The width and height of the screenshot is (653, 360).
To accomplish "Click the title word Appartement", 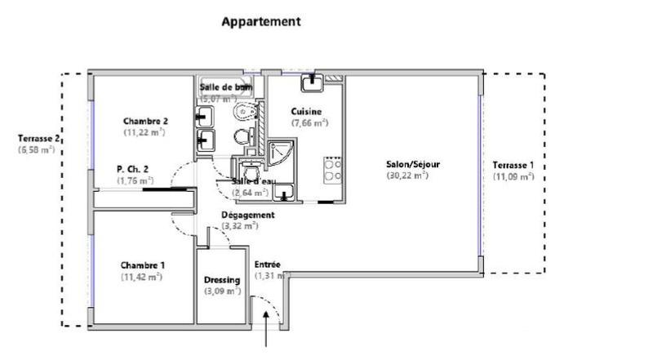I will point(261,22).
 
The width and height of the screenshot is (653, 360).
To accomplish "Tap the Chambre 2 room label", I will point(146,120).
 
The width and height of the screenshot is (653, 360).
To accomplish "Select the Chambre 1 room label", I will point(143,265).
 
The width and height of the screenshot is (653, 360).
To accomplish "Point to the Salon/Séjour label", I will point(413,164).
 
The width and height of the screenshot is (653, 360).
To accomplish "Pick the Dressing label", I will point(222,280).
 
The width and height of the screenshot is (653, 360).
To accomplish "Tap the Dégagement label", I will point(248,215).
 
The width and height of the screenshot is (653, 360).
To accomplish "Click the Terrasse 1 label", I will point(513,164).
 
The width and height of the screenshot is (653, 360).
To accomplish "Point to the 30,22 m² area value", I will point(409,176).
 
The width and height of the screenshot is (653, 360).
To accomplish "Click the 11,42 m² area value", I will point(143,277).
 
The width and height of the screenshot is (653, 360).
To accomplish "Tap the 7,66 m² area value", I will point(309,123).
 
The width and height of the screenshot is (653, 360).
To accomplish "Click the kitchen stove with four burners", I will point(333,168).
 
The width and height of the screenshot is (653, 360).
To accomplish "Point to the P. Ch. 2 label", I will point(134,170).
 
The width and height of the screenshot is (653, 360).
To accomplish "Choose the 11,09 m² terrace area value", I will point(513,176).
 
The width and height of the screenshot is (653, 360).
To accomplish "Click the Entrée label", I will point(268,264).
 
